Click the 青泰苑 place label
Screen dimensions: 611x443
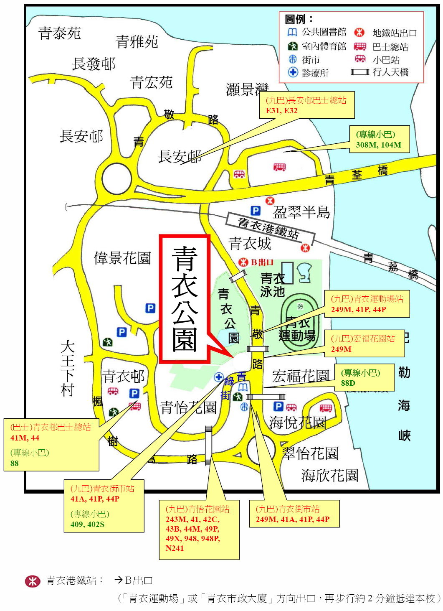click(59, 33)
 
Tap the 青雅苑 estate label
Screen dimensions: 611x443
click(137, 41)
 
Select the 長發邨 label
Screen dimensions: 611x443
click(94, 64)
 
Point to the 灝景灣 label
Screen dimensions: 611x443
click(246, 89)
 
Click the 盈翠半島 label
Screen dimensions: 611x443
click(301, 212)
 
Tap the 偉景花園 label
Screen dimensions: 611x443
click(122, 258)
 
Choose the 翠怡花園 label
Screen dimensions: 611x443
click(310, 453)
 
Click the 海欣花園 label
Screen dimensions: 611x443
click(330, 475)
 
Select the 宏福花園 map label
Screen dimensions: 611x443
click(301, 376)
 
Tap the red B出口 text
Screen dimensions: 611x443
click(262, 262)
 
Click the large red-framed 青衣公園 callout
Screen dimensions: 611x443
click(185, 298)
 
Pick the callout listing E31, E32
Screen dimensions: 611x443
click(307, 105)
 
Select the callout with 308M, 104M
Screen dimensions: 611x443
click(379, 140)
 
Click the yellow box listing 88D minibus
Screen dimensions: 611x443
click(364, 378)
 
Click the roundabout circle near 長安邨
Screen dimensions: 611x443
click(117, 178)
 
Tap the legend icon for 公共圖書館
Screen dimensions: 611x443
click(292, 32)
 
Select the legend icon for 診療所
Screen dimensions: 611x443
click(293, 72)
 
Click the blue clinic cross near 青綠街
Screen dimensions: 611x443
click(218, 377)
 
